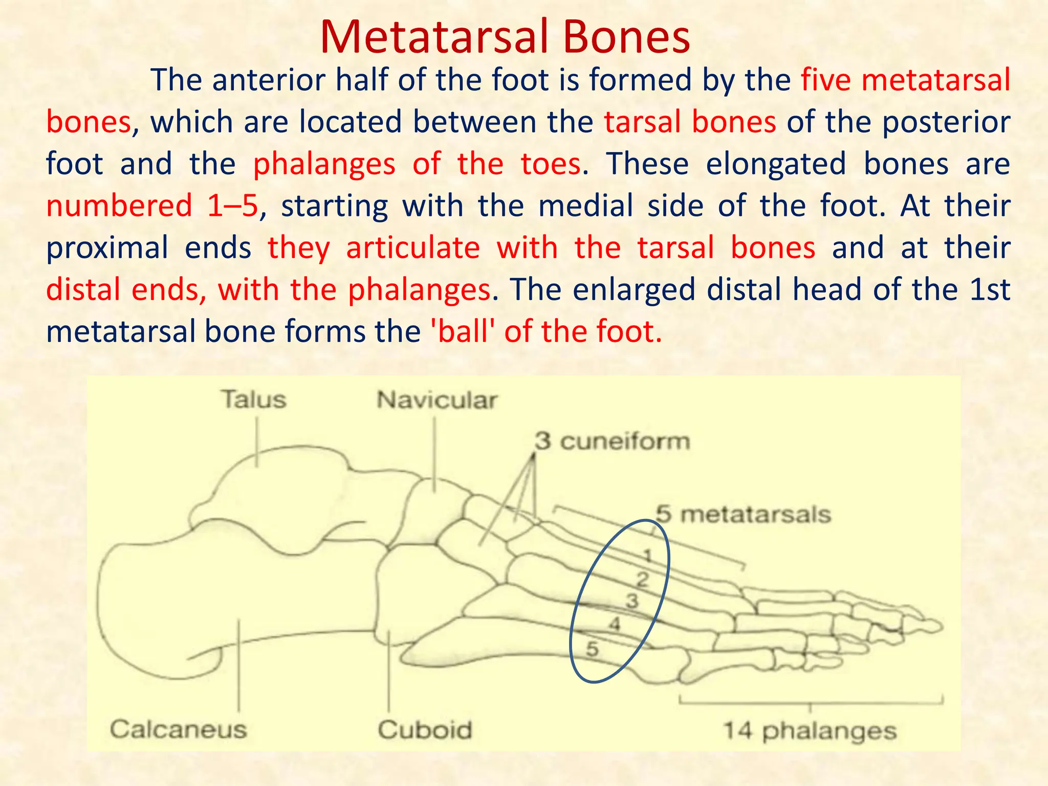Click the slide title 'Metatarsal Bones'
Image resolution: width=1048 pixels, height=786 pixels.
click(505, 37)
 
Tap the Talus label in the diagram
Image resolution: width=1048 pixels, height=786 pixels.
click(254, 400)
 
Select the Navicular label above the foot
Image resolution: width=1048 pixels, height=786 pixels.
click(436, 400)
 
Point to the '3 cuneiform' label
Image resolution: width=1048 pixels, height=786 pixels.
click(612, 441)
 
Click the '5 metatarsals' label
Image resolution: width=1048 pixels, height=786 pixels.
click(743, 514)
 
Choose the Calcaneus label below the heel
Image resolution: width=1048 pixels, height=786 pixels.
click(178, 729)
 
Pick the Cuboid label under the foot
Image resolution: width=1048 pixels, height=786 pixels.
click(425, 730)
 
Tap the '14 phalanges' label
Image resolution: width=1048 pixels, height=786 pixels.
click(810, 731)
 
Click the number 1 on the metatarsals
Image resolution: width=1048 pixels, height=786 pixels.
click(647, 555)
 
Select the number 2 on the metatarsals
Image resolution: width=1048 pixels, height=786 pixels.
click(642, 579)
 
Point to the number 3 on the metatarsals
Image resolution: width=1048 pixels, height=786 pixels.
click(632, 601)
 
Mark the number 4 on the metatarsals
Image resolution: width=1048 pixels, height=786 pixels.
click(615, 624)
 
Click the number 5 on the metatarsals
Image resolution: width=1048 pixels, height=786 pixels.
click(592, 649)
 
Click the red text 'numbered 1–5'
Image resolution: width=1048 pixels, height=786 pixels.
click(152, 206)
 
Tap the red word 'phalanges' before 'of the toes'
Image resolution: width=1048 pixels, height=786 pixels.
click(324, 164)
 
